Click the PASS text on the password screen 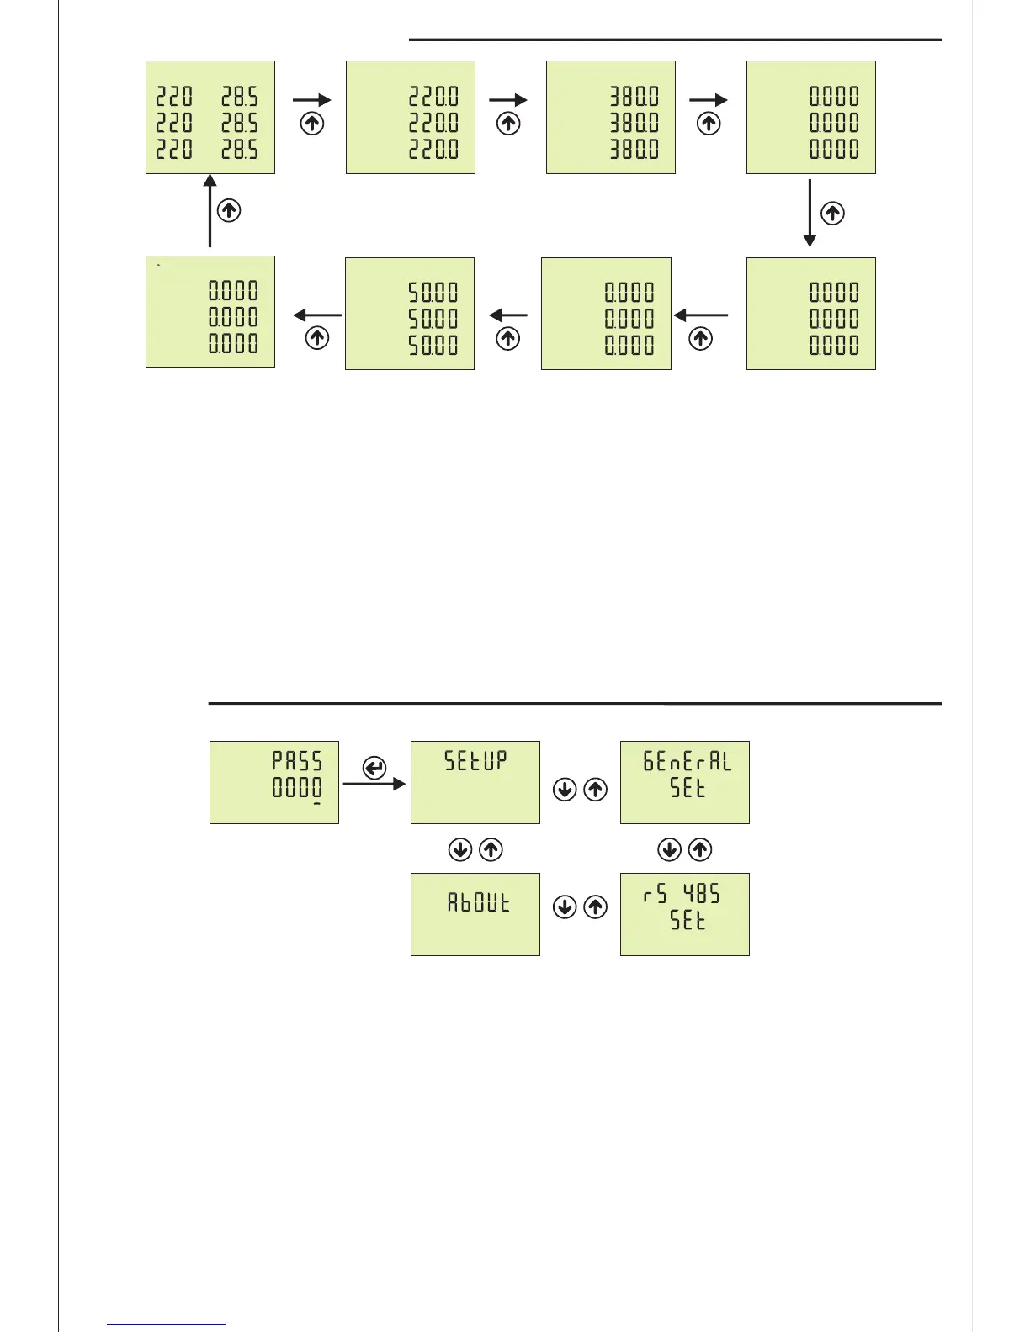coord(297,761)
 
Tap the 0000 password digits coord(297,788)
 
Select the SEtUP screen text coord(475,761)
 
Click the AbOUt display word coord(478,903)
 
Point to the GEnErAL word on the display coord(687,762)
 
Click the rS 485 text coord(682,894)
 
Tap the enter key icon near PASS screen coord(374,768)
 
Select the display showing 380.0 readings coord(610,118)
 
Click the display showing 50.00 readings coord(410,314)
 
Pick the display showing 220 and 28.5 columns coord(210,118)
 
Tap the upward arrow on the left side coord(210,210)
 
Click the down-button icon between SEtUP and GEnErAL coord(565,790)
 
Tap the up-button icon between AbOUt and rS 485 coord(595,907)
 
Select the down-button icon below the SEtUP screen coord(460,849)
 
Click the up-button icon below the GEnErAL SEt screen coord(700,849)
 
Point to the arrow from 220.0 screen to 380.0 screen coord(508,100)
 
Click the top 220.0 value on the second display coord(433,97)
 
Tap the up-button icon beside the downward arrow coord(832,214)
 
